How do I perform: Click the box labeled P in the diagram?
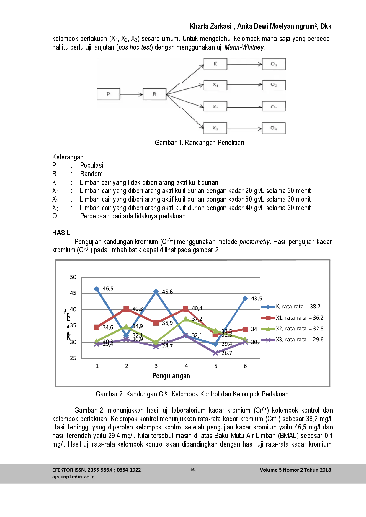click(108, 94)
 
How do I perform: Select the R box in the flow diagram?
click(154, 94)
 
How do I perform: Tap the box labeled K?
click(215, 64)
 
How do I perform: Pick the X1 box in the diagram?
click(215, 85)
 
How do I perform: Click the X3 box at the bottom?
click(215, 128)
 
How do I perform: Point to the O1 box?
click(274, 64)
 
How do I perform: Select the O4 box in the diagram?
click(274, 128)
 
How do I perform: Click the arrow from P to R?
click(131, 94)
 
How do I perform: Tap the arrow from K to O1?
click(244, 64)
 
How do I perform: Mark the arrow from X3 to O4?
click(244, 128)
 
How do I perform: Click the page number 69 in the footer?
click(193, 469)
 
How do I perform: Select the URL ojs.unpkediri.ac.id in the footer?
click(73, 476)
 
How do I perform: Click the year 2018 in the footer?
click(325, 470)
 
